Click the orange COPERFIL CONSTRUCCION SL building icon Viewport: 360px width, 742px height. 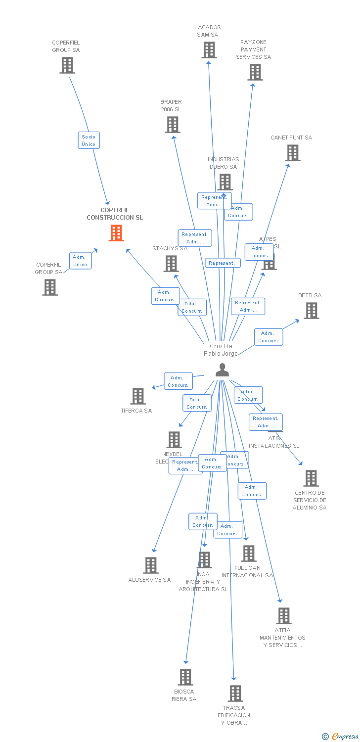[x=116, y=233]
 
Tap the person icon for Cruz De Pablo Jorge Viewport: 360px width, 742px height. [x=222, y=370]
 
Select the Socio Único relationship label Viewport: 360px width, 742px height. [x=89, y=140]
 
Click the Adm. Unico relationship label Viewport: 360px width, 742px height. [x=80, y=261]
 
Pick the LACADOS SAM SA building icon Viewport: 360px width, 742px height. [x=209, y=50]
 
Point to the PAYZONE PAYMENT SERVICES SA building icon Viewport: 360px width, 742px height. [x=255, y=72]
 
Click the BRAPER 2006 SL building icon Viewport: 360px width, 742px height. [x=173, y=125]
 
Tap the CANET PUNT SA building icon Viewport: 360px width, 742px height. [x=293, y=153]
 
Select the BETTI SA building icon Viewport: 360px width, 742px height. [x=311, y=311]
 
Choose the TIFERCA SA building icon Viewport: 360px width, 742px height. [x=138, y=396]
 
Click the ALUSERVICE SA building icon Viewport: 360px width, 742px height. [x=151, y=565]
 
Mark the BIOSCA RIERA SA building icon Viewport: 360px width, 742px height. [x=185, y=677]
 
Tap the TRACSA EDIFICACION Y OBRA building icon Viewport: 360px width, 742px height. [x=235, y=694]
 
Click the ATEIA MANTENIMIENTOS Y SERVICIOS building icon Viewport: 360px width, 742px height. [x=284, y=616]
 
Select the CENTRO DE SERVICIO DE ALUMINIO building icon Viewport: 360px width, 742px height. [x=311, y=478]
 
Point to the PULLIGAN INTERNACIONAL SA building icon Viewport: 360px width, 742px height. [x=249, y=554]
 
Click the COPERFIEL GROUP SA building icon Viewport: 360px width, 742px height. [x=67, y=65]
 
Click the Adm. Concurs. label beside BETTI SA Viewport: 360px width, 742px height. [x=269, y=337]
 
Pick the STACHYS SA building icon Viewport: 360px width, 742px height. [x=171, y=264]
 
